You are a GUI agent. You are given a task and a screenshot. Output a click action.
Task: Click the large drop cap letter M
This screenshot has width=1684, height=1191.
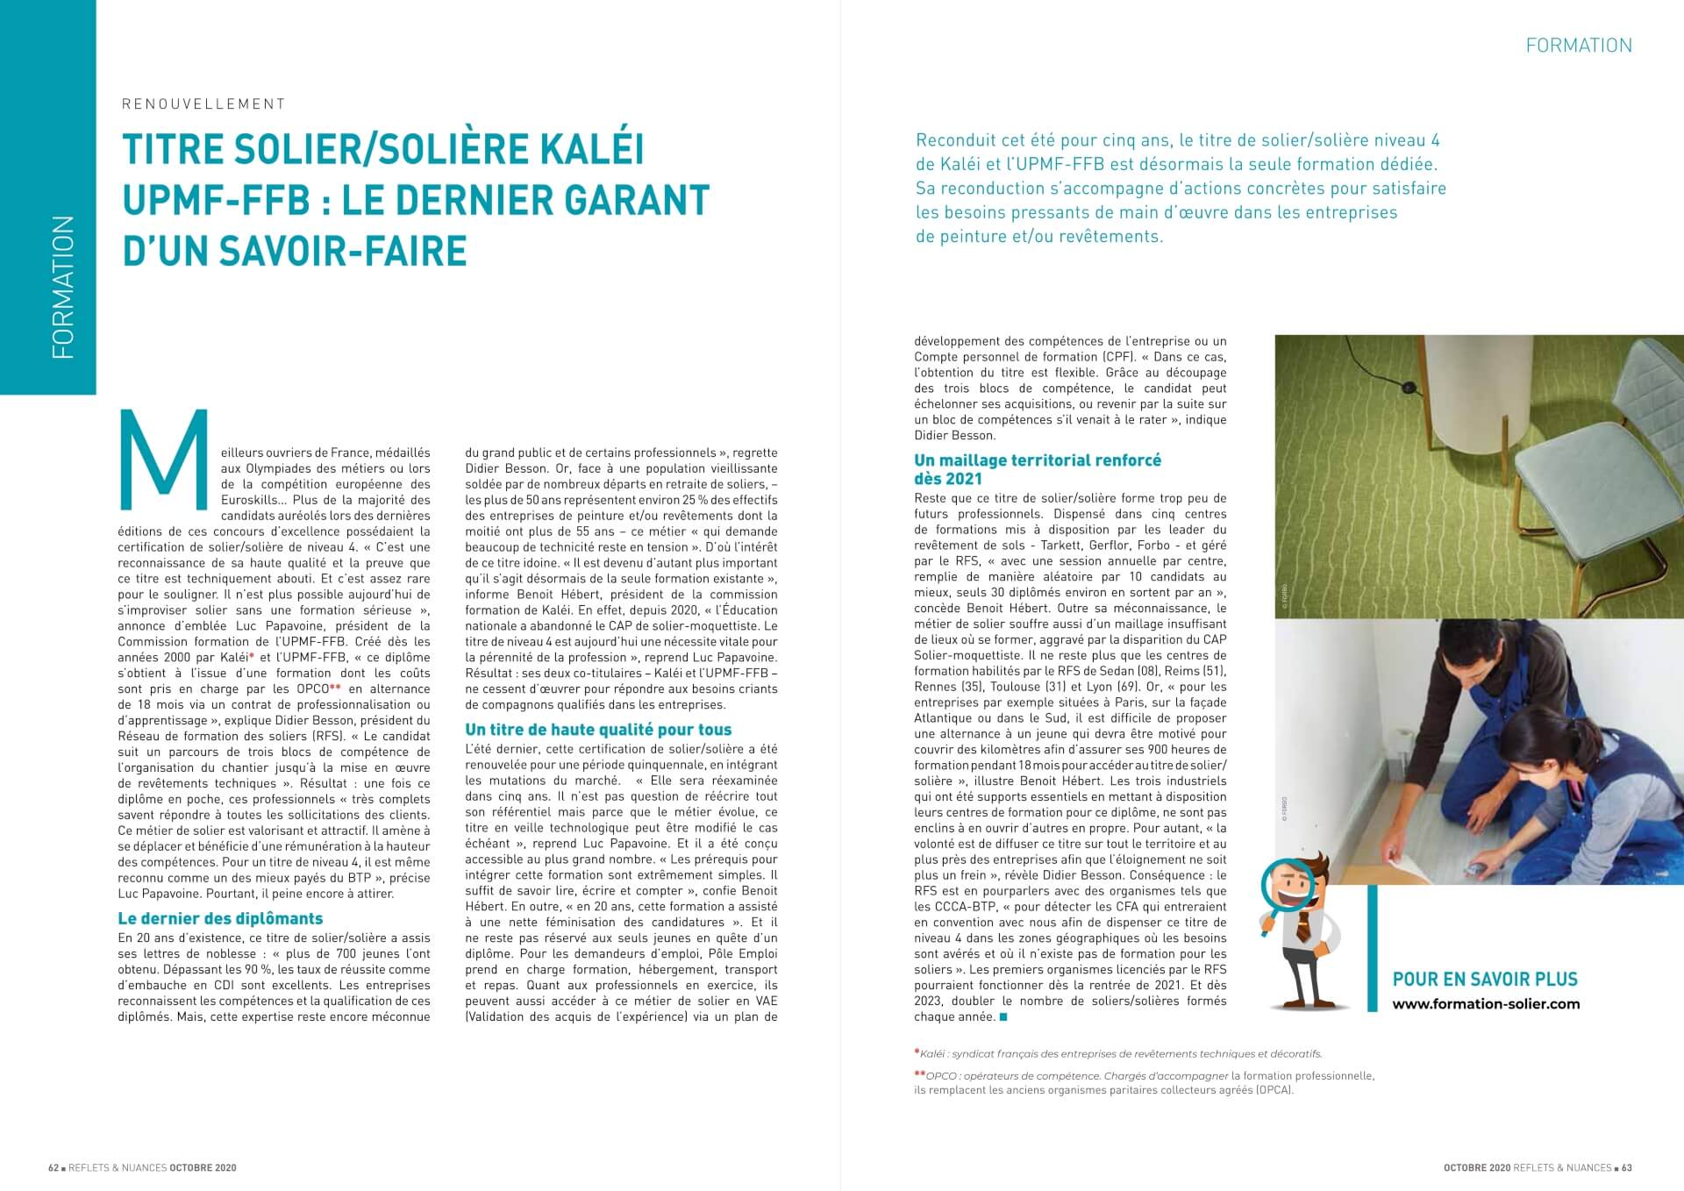(163, 459)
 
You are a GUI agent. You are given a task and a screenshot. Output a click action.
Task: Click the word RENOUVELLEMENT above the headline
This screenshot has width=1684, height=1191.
(203, 104)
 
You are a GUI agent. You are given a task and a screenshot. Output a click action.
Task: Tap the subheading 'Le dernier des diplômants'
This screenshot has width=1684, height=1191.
(220, 918)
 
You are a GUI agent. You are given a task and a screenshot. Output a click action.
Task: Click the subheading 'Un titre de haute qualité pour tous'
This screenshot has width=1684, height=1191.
(598, 729)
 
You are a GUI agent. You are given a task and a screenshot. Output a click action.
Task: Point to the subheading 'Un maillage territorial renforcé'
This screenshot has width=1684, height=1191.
(1038, 460)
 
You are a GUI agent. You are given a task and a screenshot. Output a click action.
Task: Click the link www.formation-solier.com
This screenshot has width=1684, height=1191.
(1486, 1003)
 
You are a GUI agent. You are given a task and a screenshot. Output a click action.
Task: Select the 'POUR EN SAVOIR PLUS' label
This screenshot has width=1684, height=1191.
(1485, 979)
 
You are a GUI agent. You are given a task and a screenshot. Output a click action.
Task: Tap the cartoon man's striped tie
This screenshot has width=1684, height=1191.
(1304, 925)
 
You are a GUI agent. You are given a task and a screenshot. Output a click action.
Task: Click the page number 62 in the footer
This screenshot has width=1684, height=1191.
(54, 1167)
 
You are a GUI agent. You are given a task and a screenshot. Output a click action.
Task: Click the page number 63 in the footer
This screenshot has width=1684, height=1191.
(1626, 1167)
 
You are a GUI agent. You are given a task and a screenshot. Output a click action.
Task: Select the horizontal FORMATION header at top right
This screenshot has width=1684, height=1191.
(1579, 46)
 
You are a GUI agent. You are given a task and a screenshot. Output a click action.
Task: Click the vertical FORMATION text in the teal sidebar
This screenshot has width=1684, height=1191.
(63, 288)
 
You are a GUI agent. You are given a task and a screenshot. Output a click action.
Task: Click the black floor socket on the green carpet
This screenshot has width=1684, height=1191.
(1409, 387)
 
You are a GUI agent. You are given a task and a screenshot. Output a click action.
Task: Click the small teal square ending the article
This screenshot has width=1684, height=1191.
(1003, 1017)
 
